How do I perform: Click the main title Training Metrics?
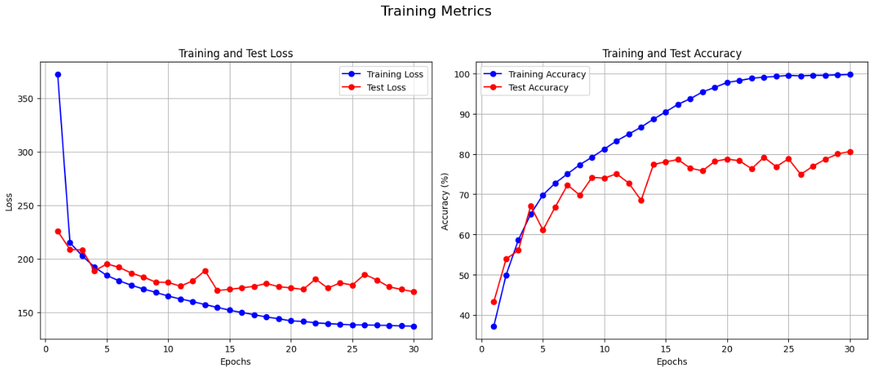coord(436,12)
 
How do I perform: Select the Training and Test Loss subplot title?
coord(236,54)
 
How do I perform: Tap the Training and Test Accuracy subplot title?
coord(672,54)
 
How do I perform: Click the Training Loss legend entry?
coord(395,73)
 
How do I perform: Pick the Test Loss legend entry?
coord(386,87)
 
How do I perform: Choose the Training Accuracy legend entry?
coord(547,74)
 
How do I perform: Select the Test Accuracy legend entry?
coord(539,87)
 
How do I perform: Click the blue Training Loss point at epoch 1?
coord(58,75)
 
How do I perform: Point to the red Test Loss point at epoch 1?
coord(58,231)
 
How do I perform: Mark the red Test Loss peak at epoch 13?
coord(205,271)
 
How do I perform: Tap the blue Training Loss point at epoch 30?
coord(414,327)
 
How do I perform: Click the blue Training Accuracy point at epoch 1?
coord(494,327)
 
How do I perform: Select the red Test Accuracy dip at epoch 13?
coord(641,200)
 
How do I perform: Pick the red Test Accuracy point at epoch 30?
coord(850,152)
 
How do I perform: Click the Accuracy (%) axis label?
coord(445,201)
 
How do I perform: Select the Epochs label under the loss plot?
coord(236,362)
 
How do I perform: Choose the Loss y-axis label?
coord(10,201)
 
